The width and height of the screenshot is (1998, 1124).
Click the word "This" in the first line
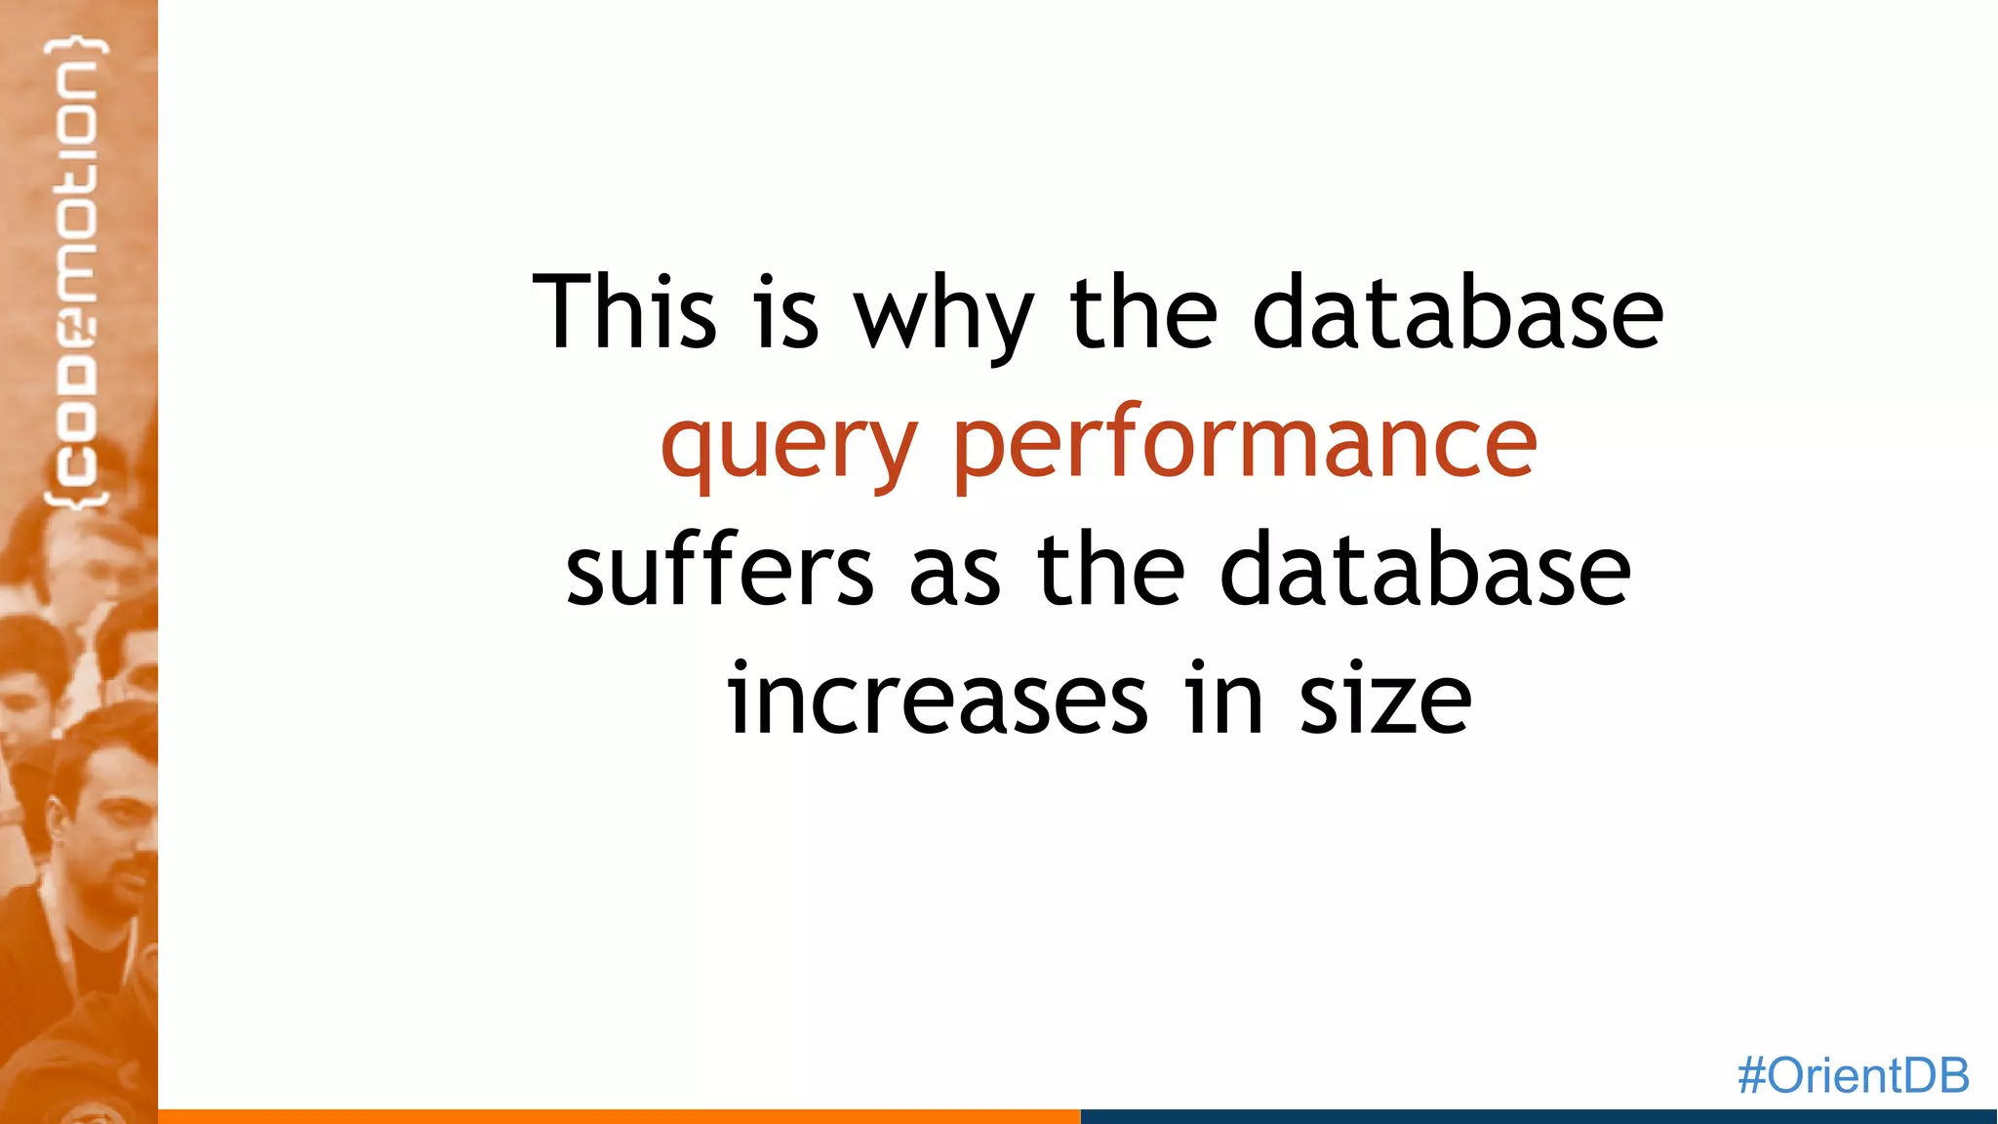[624, 311]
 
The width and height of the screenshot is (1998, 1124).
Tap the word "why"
[942, 314]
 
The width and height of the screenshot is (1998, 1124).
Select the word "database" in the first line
[1458, 311]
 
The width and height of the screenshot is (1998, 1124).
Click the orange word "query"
[788, 445]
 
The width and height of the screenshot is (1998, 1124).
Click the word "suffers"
[720, 570]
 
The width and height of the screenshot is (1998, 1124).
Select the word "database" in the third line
[1425, 570]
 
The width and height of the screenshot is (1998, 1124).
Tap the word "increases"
[938, 699]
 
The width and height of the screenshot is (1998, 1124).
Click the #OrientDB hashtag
[1853, 1075]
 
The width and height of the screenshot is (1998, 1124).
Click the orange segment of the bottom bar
[619, 1116]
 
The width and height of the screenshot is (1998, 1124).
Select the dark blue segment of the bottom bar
[1538, 1116]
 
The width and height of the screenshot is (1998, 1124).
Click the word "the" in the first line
[1143, 311]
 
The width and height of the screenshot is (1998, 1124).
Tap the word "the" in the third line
[1111, 570]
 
